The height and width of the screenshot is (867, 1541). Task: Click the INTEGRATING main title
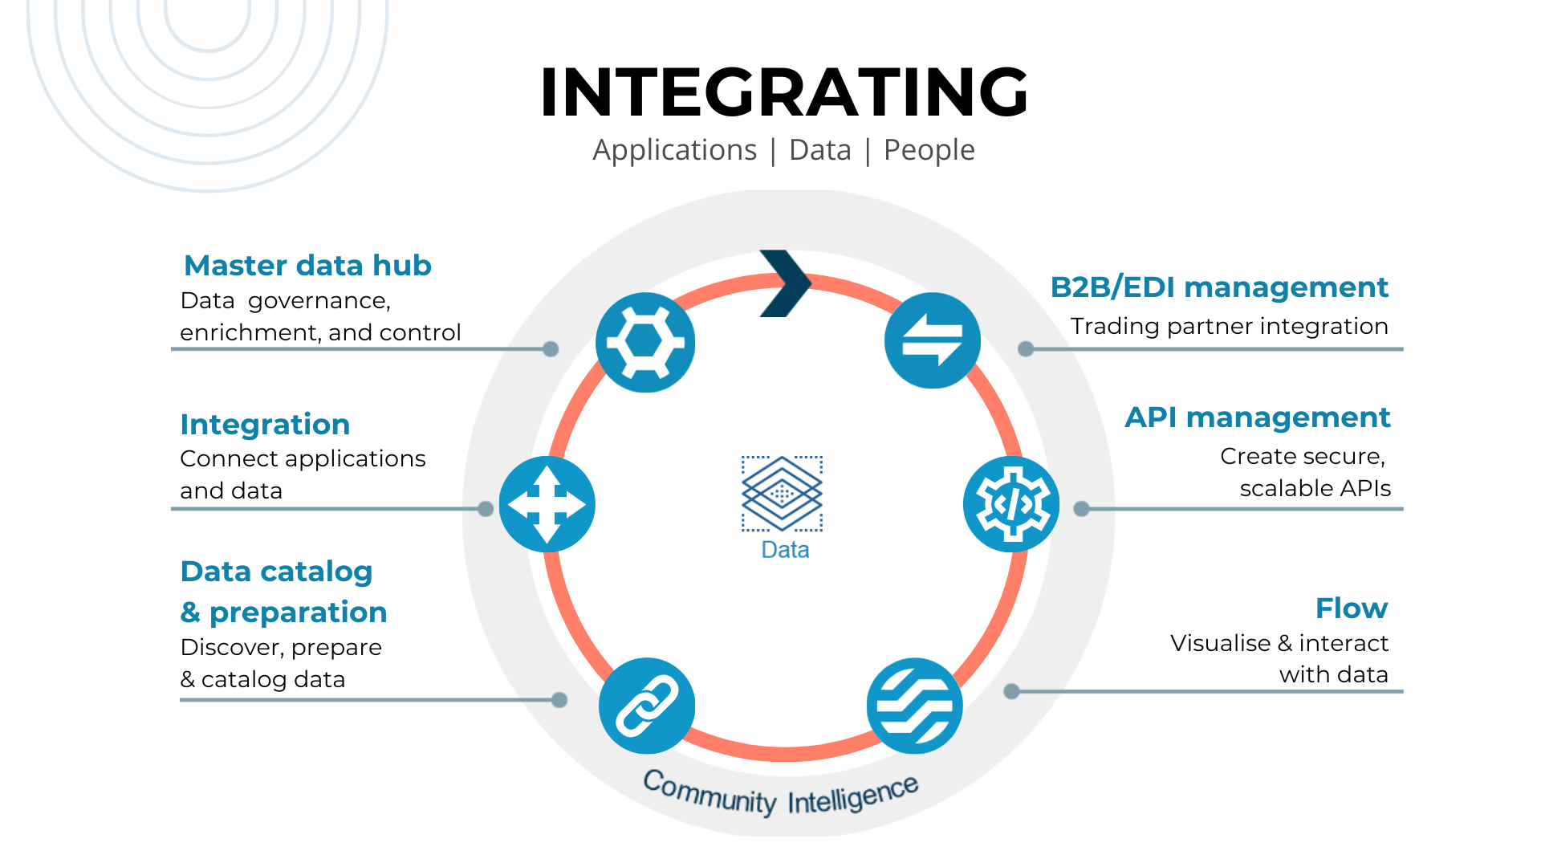784,92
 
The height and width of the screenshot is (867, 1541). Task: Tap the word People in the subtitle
929,150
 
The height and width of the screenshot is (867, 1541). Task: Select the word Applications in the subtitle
674,150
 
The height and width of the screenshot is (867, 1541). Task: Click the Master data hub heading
307,266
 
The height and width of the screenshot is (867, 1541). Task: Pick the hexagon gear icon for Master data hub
645,343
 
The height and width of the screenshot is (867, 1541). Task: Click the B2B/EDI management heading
1218,287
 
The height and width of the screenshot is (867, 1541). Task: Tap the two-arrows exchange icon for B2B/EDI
932,340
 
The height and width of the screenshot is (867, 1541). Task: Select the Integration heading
265,425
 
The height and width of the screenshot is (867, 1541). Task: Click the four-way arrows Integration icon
547,504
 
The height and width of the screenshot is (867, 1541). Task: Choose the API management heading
1257,417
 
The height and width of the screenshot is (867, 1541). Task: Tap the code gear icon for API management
1011,504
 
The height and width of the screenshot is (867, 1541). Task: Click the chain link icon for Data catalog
647,706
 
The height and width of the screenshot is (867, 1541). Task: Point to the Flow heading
1351,609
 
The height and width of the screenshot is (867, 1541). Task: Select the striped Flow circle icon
914,706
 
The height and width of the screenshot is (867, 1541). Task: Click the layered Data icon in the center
782,493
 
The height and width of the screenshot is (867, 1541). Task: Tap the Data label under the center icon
784,550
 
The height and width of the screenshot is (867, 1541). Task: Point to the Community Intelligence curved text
780,795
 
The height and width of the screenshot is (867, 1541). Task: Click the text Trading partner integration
1229,327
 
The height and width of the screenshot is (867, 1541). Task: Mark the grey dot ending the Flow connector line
1011,691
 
